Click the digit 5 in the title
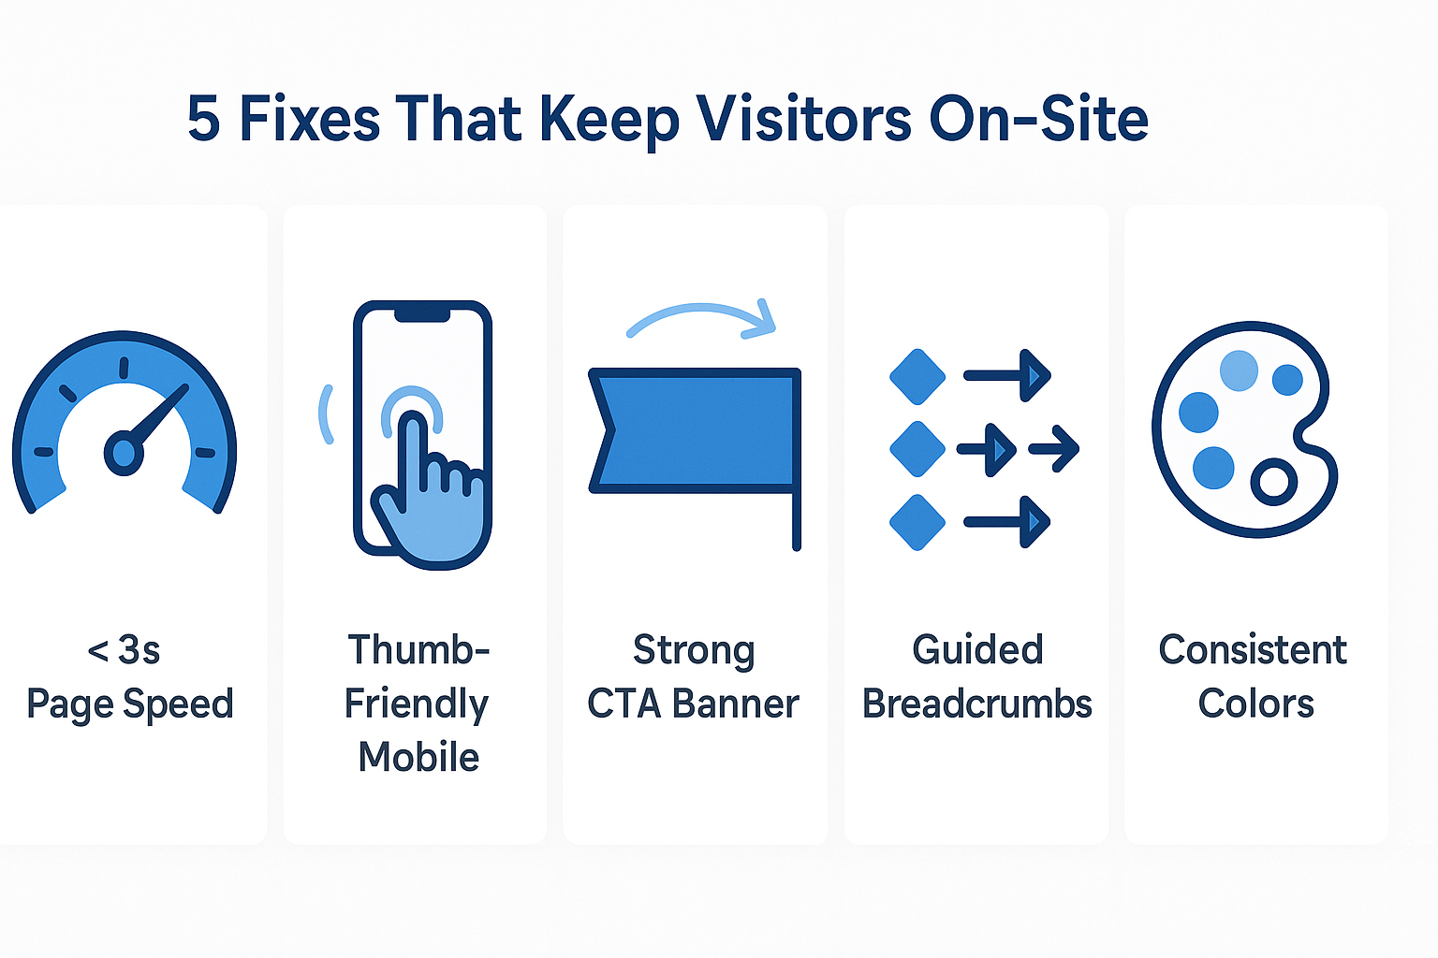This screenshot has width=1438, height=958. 204,119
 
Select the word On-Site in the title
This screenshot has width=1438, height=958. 1038,119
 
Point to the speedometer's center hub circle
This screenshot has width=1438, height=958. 124,453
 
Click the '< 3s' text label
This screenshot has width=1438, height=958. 124,649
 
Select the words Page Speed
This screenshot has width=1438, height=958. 130,704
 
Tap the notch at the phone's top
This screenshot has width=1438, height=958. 422,313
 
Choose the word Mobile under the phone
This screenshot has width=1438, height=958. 418,757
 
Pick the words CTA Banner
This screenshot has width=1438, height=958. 694,704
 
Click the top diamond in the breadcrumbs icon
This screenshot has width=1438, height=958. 917,377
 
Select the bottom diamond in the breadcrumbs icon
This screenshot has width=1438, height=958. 917,522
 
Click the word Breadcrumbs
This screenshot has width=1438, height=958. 976,704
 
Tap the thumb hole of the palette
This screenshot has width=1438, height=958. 1273,482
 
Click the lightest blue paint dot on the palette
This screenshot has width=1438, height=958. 1239,370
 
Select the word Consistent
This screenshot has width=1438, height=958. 1253,649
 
